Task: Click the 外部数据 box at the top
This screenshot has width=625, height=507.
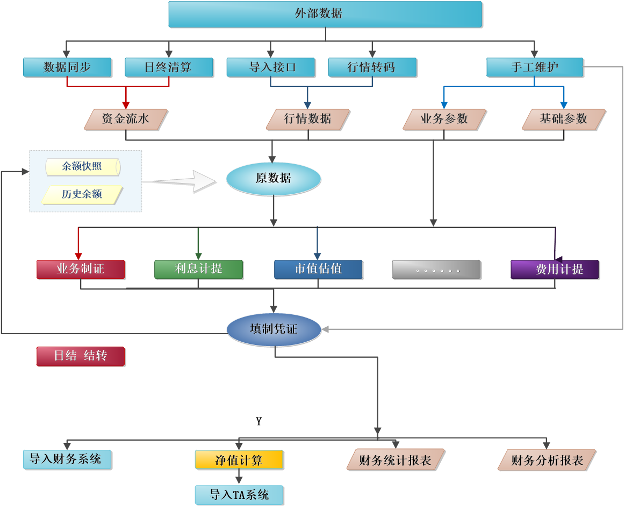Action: pyautogui.click(x=325, y=14)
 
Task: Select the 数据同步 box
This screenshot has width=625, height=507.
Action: pyautogui.click(x=67, y=67)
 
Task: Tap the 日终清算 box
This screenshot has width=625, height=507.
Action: pyautogui.click(x=169, y=67)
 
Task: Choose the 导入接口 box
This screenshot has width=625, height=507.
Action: pyautogui.click(x=270, y=67)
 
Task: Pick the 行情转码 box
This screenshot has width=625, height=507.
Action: pyautogui.click(x=372, y=67)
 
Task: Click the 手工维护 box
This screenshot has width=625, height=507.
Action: pyautogui.click(x=534, y=67)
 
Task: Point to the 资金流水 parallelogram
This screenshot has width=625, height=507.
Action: pyautogui.click(x=126, y=119)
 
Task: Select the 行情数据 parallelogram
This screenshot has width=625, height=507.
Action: pyautogui.click(x=308, y=119)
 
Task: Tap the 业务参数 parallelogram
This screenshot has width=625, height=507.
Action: pyautogui.click(x=444, y=119)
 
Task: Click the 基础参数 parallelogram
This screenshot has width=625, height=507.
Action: pyautogui.click(x=564, y=119)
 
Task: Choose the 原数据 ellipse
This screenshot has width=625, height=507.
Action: pyautogui.click(x=273, y=179)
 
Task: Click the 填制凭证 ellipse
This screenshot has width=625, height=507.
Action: pyautogui.click(x=274, y=329)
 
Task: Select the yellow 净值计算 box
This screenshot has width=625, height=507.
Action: pyautogui.click(x=239, y=460)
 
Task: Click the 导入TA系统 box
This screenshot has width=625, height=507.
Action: pyautogui.click(x=239, y=495)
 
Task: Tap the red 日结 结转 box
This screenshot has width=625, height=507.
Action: pyautogui.click(x=81, y=356)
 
